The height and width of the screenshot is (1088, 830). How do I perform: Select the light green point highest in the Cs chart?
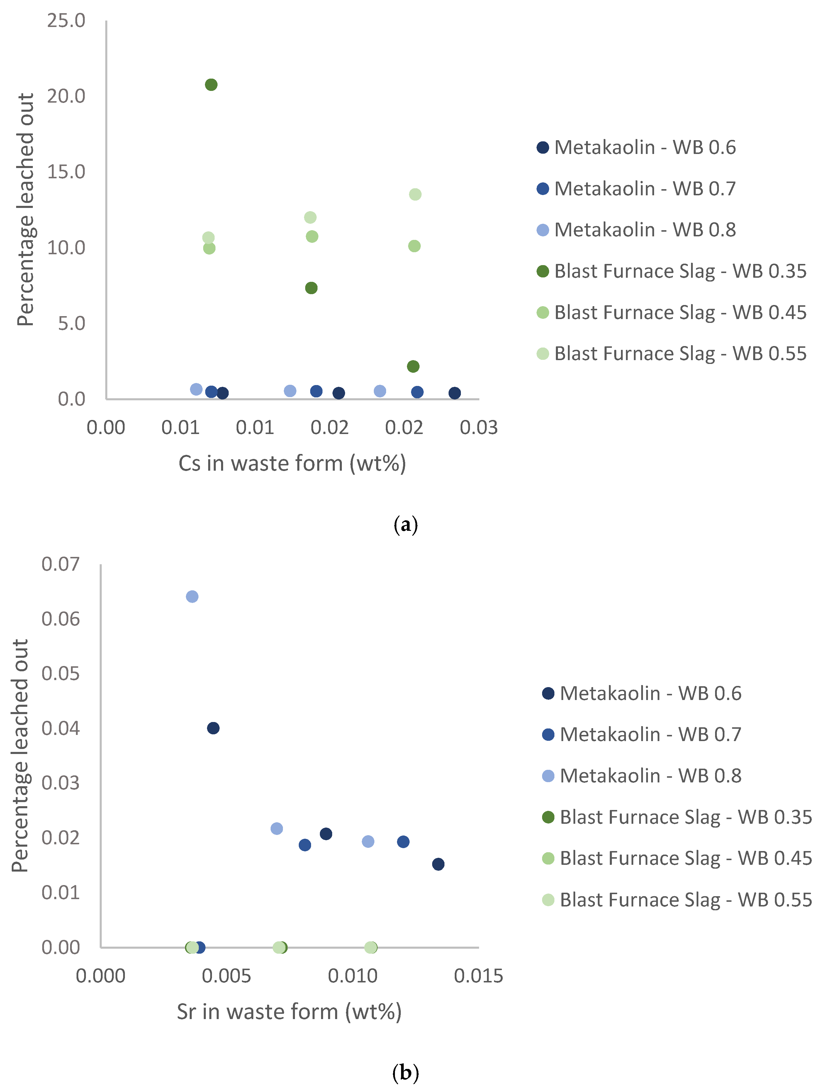click(x=415, y=194)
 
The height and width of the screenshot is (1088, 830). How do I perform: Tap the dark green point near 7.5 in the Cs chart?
click(x=311, y=288)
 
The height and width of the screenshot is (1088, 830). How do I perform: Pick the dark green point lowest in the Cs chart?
click(x=413, y=366)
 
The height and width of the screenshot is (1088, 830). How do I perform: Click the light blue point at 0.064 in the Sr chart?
click(x=192, y=596)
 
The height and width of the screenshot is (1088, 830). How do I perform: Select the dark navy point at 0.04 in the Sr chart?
click(x=213, y=728)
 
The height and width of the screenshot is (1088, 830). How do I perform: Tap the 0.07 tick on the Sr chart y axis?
click(x=60, y=564)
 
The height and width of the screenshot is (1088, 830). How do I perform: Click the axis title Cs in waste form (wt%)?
click(x=292, y=463)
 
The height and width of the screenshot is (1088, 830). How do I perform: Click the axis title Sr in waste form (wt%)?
click(x=289, y=1012)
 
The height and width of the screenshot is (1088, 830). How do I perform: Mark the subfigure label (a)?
click(x=405, y=524)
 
